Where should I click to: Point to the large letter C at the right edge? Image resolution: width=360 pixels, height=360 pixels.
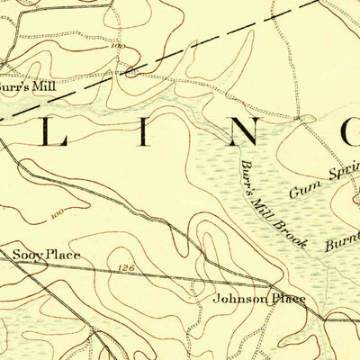coord(349,132)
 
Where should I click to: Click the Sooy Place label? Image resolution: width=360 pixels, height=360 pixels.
coord(46,255)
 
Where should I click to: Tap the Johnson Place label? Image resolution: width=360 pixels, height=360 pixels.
coord(259,298)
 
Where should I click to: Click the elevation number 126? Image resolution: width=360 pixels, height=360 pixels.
coord(125,267)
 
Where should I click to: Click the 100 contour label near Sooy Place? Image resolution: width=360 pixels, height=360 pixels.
coord(58,214)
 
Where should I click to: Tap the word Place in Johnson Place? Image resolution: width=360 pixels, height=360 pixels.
coord(286,298)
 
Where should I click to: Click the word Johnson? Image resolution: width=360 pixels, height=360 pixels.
coord(238,298)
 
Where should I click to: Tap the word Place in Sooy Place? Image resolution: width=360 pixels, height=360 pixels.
coord(63,255)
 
